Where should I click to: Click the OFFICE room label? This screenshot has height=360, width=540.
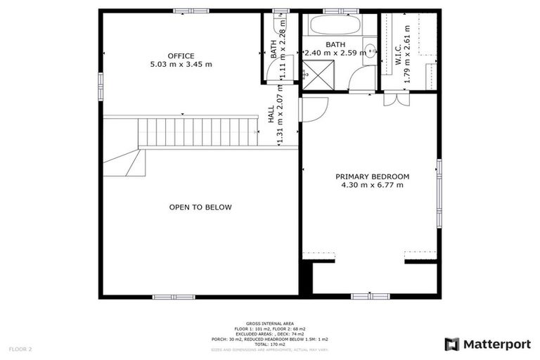tap(181, 56)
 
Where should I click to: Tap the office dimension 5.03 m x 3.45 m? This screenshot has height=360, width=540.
tap(181, 65)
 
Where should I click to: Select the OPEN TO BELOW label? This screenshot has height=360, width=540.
tap(200, 207)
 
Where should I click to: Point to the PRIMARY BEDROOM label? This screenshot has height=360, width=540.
tap(372, 176)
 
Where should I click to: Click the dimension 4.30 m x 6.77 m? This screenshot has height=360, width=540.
tap(372, 186)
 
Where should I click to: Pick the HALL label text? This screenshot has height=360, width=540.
tap(271, 115)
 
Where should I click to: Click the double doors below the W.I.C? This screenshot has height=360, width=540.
tap(396, 99)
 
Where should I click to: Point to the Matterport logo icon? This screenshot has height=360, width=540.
tap(452, 344)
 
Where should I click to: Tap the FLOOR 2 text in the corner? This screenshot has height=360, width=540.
tap(20, 349)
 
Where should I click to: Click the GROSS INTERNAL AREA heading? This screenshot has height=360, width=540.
tap(270, 323)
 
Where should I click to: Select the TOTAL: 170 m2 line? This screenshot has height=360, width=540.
tap(270, 344)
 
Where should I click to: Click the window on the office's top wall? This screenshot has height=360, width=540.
tap(191, 11)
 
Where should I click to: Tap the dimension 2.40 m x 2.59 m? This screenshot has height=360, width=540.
tap(335, 52)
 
